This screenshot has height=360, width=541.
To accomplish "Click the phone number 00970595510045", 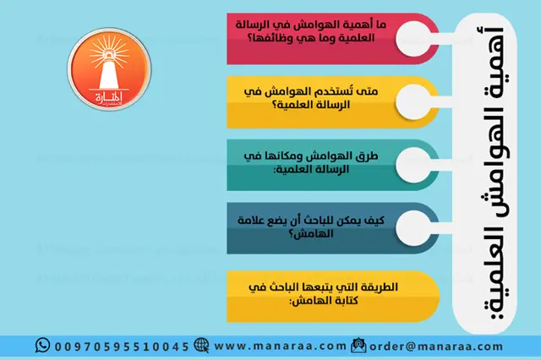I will (122, 346).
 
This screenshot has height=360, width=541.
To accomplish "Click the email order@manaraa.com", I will (426, 346).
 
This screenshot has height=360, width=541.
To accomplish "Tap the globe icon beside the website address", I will (201, 346).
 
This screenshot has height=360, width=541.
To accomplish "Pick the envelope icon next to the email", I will (358, 346).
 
